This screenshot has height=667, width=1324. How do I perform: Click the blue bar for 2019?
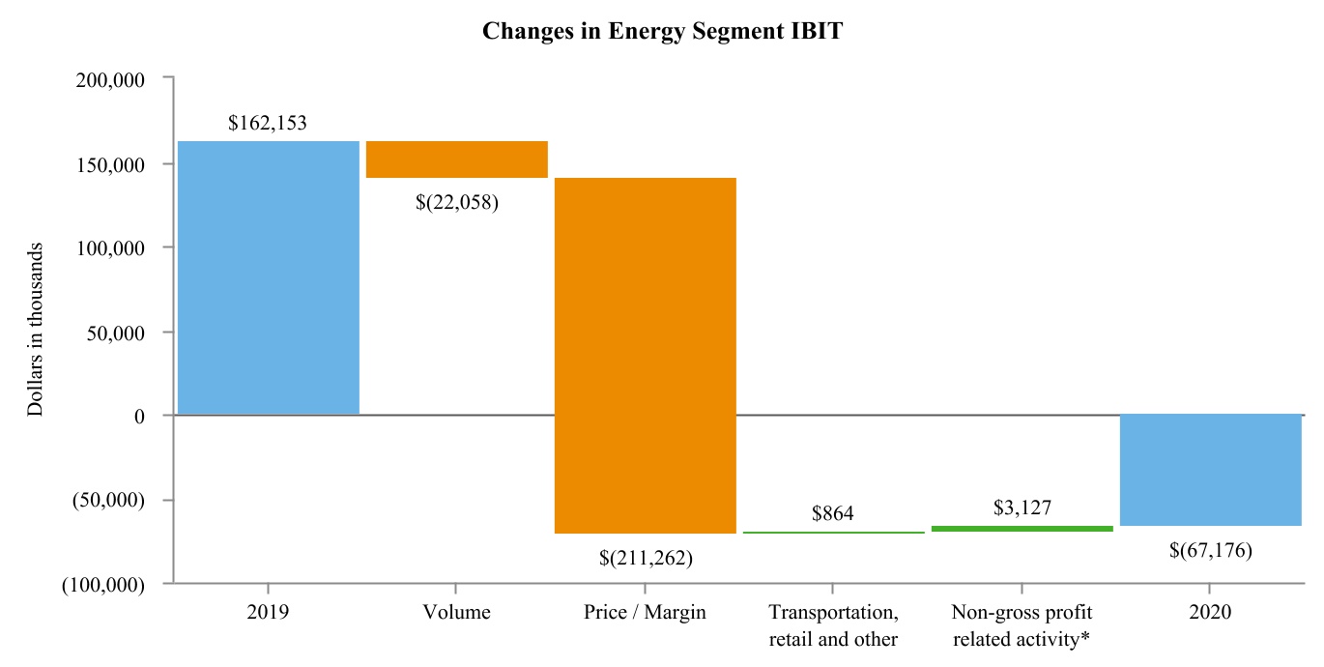pyautogui.click(x=269, y=277)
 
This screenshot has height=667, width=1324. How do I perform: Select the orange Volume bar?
pyautogui.click(x=457, y=159)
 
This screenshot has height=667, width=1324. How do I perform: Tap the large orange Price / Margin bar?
pyautogui.click(x=646, y=356)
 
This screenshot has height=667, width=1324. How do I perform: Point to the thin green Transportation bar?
pyautogui.click(x=834, y=533)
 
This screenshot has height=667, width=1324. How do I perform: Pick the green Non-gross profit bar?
pyautogui.click(x=1022, y=529)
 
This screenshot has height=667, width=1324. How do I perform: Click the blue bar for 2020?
pyautogui.click(x=1211, y=470)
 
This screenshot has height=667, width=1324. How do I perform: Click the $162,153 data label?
pyautogui.click(x=267, y=123)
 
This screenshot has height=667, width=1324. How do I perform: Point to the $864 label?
pyautogui.click(x=833, y=513)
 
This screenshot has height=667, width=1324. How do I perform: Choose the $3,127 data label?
pyautogui.click(x=1022, y=507)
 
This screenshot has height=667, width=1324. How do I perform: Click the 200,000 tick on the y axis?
pyautogui.click(x=110, y=80)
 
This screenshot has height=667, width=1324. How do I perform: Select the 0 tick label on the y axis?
pyautogui.click(x=139, y=417)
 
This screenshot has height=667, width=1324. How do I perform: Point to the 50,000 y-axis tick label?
pyautogui.click(x=116, y=333)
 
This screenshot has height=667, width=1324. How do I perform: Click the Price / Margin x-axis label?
pyautogui.click(x=645, y=612)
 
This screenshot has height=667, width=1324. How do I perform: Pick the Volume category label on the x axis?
pyautogui.click(x=456, y=612)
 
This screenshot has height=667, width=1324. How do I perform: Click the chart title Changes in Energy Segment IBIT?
pyautogui.click(x=663, y=31)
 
